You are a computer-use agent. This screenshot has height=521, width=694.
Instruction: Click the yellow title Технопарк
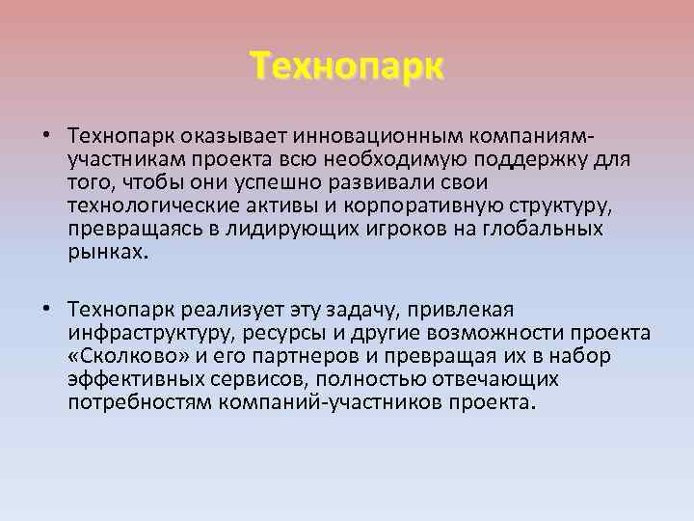(347, 68)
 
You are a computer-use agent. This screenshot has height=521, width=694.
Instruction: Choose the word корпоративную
(404, 206)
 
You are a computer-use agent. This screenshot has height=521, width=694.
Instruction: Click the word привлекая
(455, 311)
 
